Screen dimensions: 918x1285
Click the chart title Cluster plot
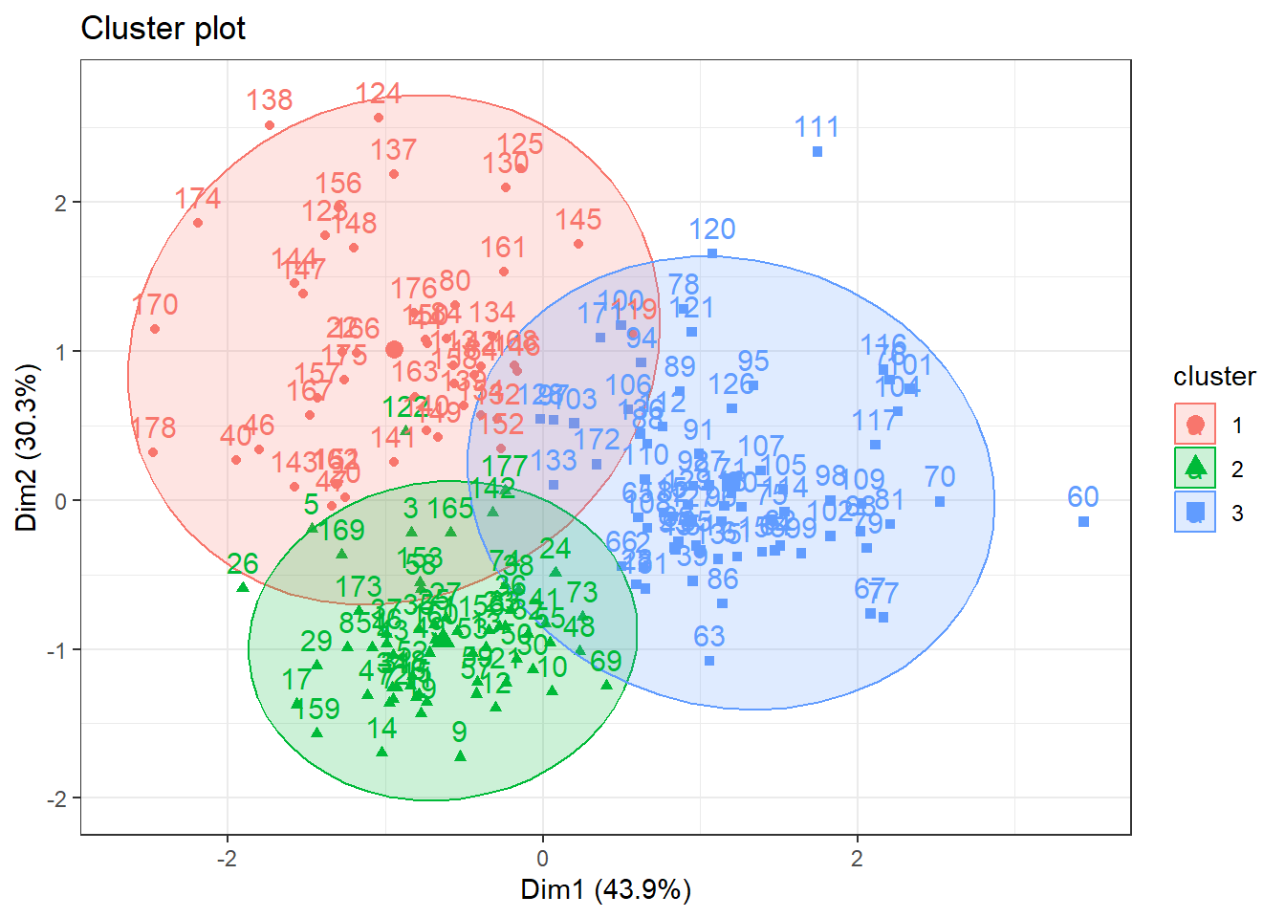(163, 29)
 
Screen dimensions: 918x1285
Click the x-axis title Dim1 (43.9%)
(605, 889)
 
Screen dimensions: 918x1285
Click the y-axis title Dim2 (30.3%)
(27, 447)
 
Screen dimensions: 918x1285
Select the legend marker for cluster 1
(1194, 425)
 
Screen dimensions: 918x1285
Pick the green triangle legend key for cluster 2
(1194, 469)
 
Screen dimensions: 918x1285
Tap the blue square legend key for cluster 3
(1194, 513)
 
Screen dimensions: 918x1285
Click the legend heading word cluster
(1214, 377)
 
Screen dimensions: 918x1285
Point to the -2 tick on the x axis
(227, 858)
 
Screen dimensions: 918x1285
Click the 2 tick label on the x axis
(857, 858)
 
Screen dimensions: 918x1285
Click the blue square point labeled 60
(1083, 521)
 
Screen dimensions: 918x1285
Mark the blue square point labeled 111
(817, 152)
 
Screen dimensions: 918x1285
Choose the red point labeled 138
(270, 125)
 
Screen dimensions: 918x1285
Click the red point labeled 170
(155, 329)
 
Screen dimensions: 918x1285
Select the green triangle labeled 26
(243, 587)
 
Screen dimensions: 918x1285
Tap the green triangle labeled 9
(460, 755)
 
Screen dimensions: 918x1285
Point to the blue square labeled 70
(940, 501)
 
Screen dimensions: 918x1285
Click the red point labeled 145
(578, 244)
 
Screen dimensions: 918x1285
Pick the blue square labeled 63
(709, 661)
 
